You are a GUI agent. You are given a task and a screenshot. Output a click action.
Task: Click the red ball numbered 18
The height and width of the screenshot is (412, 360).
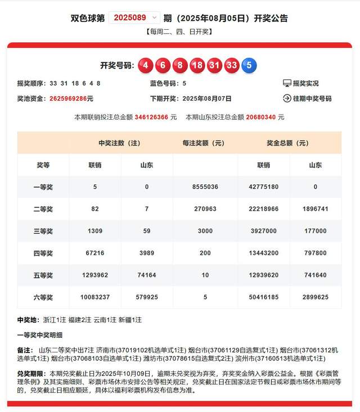[197, 65]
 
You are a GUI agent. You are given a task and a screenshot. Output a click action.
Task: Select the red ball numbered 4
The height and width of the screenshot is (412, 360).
[146, 65]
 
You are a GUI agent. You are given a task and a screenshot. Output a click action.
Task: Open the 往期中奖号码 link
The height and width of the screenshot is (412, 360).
[307, 98]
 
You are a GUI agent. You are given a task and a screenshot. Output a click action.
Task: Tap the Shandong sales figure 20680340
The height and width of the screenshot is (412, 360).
[261, 117]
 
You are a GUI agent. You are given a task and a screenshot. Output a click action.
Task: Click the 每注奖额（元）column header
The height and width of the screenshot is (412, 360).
[205, 143]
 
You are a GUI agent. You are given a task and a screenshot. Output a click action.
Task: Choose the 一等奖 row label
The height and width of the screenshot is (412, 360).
[43, 187]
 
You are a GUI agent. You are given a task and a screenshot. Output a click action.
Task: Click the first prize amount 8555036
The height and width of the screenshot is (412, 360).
[205, 187]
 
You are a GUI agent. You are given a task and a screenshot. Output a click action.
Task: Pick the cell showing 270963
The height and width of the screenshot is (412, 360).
[205, 209]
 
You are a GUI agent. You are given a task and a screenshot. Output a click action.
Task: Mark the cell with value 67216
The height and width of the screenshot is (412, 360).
[94, 253]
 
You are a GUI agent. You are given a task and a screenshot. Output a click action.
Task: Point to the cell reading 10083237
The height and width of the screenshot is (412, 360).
[94, 297]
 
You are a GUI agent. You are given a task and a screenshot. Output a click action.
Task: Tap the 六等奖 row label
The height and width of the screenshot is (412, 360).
[43, 297]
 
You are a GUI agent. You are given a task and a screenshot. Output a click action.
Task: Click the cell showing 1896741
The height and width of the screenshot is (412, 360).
[315, 209]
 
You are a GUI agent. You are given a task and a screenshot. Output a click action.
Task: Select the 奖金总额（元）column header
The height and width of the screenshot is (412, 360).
[289, 143]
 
